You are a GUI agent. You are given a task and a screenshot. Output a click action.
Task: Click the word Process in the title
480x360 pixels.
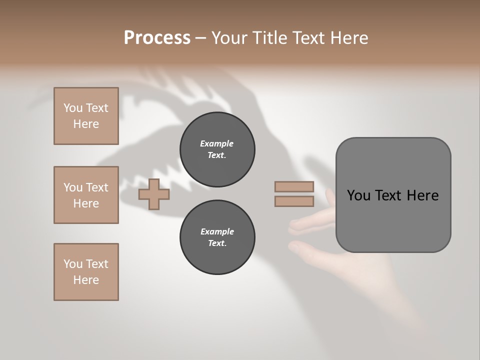coord(157,38)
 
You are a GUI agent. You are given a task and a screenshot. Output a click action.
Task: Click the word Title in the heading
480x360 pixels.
coord(270,38)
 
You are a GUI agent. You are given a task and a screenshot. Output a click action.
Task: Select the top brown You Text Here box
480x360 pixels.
coord(86,116)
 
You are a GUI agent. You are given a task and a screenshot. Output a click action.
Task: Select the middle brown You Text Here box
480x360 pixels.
coord(86,195)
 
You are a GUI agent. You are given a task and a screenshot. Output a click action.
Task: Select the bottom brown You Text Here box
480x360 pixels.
coord(86,272)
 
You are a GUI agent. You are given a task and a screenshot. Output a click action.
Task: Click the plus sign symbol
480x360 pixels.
coord(154,194)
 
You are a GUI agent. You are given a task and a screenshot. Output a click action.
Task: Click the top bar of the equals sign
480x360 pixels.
coord(294,186)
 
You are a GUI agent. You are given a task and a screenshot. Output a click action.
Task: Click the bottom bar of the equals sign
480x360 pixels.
coord(294,201)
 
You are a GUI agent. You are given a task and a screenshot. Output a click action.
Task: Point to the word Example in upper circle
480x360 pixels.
coord(217,143)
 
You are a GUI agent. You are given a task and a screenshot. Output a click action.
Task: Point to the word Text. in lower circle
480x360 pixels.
coord(217,243)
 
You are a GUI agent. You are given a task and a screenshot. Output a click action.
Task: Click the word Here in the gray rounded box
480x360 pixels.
coord(422,195)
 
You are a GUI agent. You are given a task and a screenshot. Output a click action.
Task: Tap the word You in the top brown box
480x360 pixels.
coord(73,108)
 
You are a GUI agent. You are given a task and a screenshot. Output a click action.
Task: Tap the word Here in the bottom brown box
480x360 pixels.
coord(86,280)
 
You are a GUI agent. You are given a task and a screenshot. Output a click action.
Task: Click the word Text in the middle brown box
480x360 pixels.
coord(97,187)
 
